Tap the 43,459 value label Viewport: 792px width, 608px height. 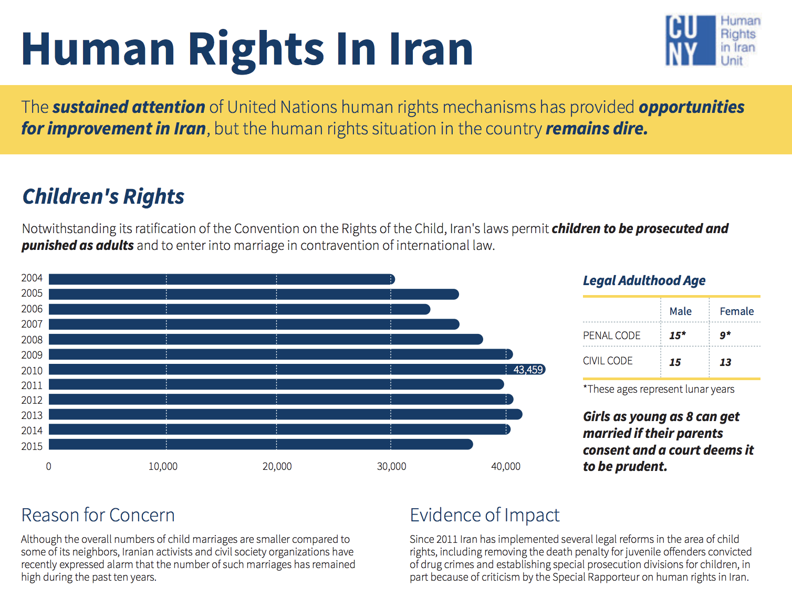coord(528,370)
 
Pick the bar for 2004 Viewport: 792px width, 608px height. coord(221,279)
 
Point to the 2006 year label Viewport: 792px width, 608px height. coord(32,309)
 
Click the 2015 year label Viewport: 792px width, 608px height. coord(32,446)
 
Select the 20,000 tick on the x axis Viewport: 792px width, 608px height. coord(277,466)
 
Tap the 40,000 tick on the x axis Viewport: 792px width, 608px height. coord(505,466)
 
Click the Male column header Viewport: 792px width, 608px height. coord(680,311)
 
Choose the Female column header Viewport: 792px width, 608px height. coord(736,311)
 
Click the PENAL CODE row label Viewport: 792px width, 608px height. coord(611,336)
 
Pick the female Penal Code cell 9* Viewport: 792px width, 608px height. coord(725,336)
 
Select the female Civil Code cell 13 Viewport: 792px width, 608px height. coord(725,362)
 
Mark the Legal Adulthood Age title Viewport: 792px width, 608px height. coord(644,280)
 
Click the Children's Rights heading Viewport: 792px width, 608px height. coord(103,196)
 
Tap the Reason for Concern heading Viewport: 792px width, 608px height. coord(98,515)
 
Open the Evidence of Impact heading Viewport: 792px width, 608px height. coord(484,515)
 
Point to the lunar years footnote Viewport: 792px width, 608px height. coord(658,389)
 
